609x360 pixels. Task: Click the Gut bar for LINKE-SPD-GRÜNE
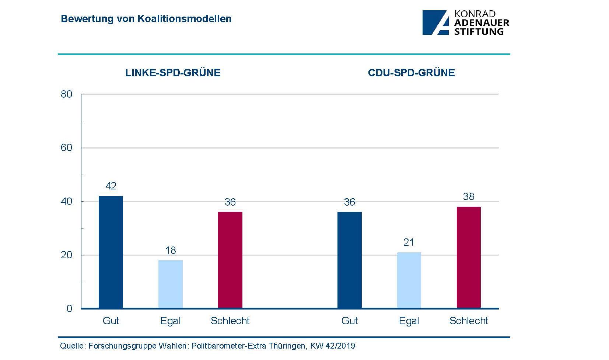click(111, 252)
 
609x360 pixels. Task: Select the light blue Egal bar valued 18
click(171, 284)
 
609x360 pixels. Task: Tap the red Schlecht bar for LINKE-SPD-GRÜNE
click(230, 260)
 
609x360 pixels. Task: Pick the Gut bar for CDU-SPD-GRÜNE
click(350, 260)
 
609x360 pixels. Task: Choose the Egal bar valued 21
click(409, 280)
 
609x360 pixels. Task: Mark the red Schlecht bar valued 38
click(469, 258)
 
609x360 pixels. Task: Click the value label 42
click(111, 186)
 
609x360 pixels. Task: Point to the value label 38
click(469, 197)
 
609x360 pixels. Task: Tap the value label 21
click(409, 242)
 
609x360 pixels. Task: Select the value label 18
click(171, 251)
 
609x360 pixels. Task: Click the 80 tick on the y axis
click(67, 94)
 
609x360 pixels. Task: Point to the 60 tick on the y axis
click(67, 148)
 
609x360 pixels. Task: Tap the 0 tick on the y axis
click(69, 309)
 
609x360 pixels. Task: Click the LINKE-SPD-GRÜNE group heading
click(173, 73)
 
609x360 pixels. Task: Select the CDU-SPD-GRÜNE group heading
click(411, 73)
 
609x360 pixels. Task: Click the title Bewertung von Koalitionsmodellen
click(146, 19)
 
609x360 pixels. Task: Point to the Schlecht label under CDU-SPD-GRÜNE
click(469, 321)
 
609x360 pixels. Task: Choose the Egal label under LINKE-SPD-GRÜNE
click(171, 321)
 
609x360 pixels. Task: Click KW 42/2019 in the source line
click(333, 346)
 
